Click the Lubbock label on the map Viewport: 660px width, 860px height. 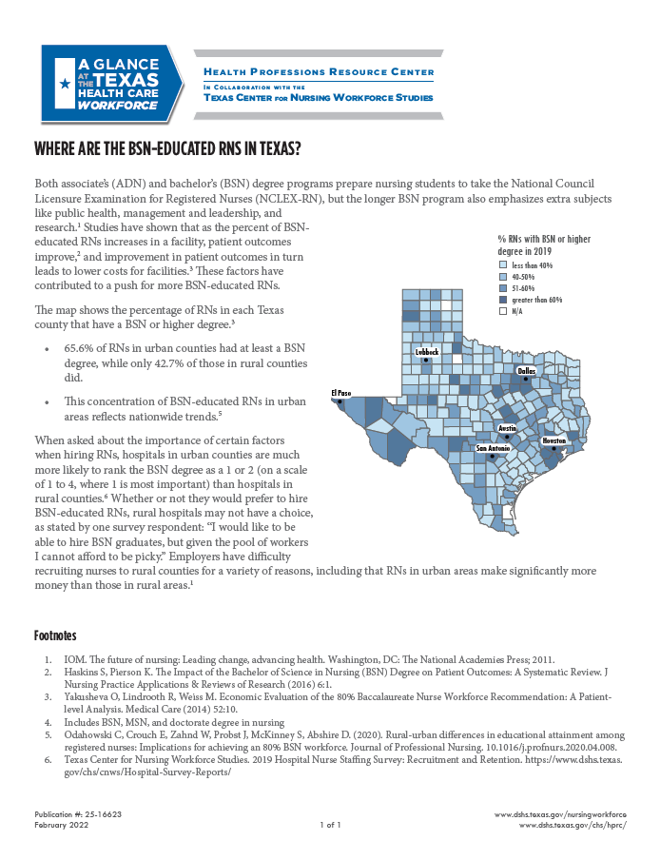click(428, 352)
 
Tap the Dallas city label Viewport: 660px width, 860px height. click(526, 370)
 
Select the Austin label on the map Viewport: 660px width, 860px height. click(508, 429)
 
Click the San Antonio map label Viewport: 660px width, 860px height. click(494, 448)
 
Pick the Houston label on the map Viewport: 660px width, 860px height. click(553, 441)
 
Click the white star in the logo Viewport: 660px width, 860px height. click(64, 84)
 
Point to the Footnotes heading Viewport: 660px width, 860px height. click(55, 635)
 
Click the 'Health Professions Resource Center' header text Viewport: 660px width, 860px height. click(320, 72)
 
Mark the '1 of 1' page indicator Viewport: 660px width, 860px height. click(330, 826)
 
